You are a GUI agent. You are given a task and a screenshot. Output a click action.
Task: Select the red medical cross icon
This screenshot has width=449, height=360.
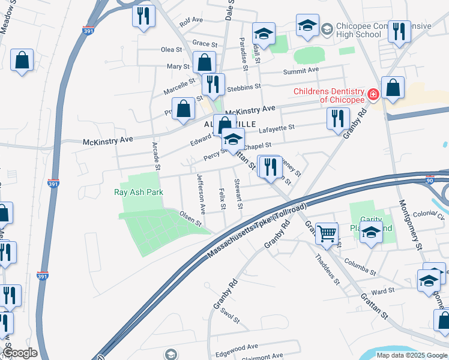click(373, 95)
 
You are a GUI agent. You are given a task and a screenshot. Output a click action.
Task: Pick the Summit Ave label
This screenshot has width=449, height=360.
click(318, 70)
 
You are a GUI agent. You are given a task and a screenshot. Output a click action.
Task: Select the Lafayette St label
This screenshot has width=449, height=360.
click(276, 128)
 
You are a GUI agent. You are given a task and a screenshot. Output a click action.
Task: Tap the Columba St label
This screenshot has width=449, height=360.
click(360, 268)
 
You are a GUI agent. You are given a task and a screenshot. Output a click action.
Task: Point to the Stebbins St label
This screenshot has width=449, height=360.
click(243, 88)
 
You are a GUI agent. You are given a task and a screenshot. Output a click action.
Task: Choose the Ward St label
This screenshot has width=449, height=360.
click(382, 290)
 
